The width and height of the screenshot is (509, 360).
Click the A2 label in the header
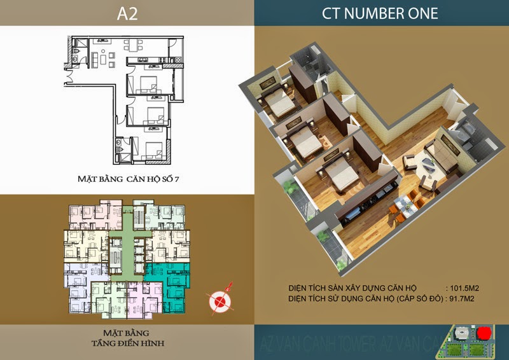pos(127,12)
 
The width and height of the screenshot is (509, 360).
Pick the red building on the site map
pos(484,334)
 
